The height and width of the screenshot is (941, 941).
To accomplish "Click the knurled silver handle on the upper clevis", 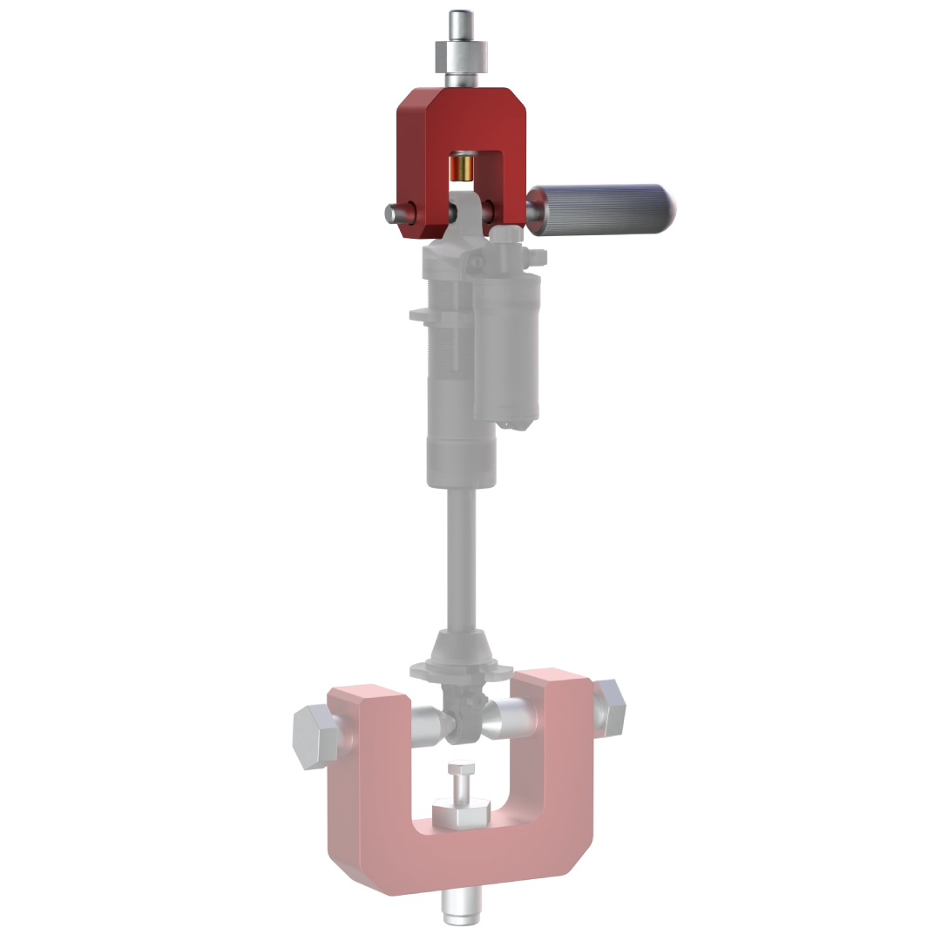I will [x=610, y=208].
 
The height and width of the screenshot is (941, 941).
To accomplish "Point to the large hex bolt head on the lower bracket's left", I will [x=315, y=737].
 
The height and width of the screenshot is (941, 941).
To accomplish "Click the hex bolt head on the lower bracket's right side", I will [x=610, y=706].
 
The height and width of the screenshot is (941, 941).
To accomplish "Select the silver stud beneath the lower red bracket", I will [x=460, y=906].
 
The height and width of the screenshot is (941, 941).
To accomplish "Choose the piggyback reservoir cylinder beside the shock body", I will [x=507, y=349].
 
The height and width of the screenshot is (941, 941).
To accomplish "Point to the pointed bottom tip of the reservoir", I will [x=507, y=423].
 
